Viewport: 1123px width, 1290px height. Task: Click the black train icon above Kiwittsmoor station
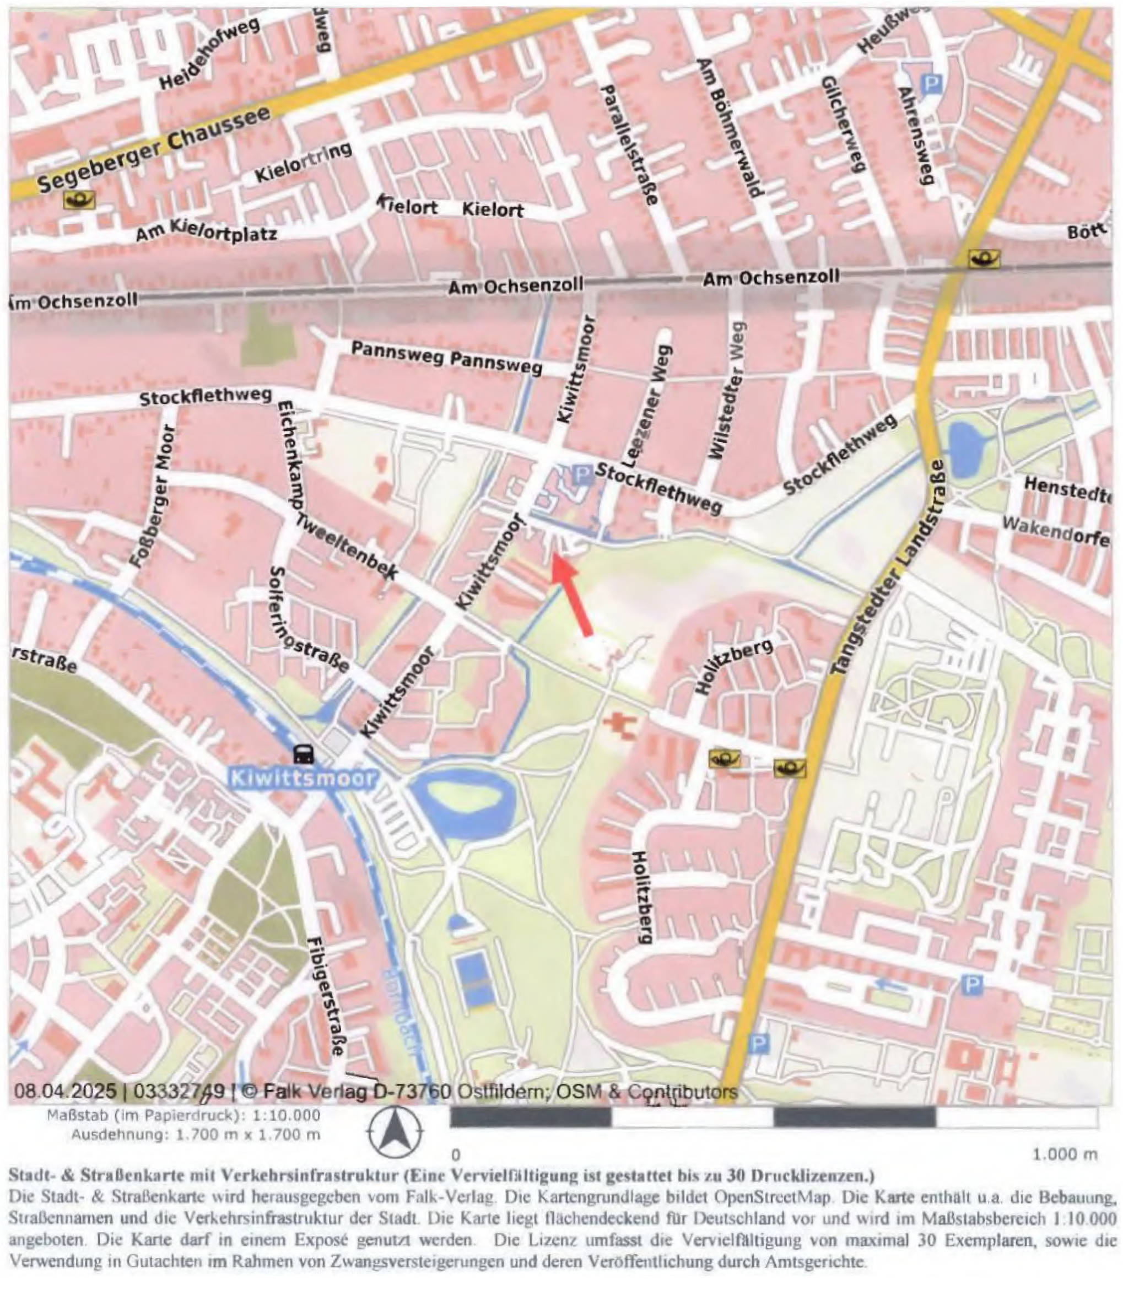(x=304, y=754)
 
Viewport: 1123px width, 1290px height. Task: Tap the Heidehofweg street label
(x=206, y=61)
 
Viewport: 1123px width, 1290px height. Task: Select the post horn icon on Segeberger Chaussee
(x=79, y=201)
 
